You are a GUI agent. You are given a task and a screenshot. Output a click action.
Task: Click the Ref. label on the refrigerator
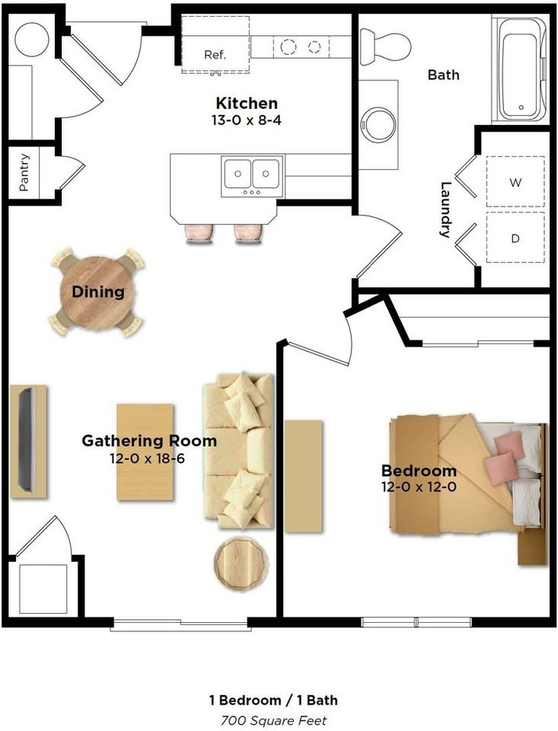tap(215, 55)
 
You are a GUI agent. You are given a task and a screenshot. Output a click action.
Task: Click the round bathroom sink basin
tap(378, 125)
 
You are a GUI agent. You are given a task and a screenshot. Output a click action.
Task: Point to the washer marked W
tap(515, 182)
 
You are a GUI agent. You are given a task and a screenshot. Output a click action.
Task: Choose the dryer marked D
tap(515, 238)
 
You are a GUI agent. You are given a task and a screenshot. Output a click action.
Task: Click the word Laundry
tap(446, 209)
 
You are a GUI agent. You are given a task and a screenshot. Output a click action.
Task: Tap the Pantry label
tap(24, 173)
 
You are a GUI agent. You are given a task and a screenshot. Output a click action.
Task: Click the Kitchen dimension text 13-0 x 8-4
tap(246, 120)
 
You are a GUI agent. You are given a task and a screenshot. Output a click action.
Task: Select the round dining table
tap(92, 292)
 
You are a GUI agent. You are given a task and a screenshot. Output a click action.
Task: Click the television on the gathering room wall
tap(27, 439)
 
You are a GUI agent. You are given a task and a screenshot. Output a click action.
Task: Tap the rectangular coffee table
tap(145, 452)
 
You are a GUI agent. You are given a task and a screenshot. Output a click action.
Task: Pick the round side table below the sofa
tap(241, 563)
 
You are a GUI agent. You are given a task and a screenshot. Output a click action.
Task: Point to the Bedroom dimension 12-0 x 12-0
tap(419, 487)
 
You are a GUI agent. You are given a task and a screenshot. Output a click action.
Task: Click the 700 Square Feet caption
tap(274, 720)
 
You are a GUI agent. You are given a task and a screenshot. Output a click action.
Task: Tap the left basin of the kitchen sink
tap(238, 174)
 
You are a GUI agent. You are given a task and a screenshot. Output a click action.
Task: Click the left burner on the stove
tap(288, 46)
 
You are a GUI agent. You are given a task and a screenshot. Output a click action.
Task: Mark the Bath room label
tap(443, 75)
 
